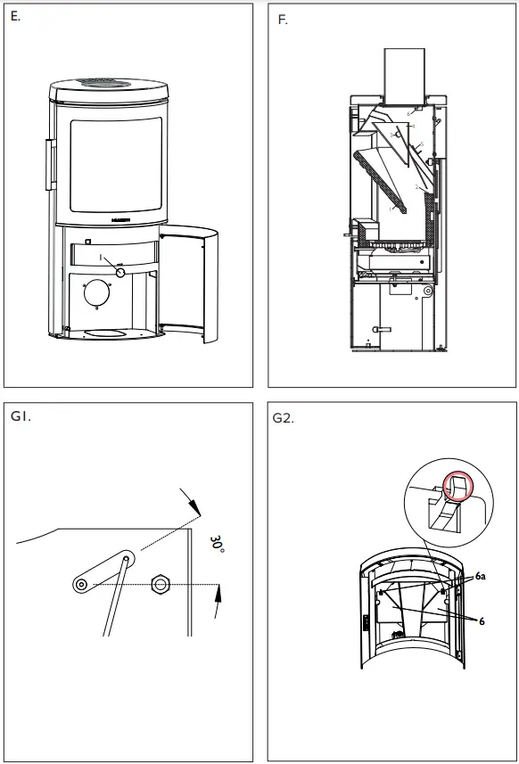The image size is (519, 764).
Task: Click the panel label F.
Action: pos(283,20)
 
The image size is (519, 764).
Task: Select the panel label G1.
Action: pos(21,415)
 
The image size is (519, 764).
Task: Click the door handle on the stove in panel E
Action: pos(50,162)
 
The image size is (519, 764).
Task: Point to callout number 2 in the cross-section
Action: pos(416,188)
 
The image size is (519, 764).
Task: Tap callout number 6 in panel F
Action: pos(408,114)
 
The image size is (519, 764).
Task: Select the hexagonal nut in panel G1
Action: pos(161,584)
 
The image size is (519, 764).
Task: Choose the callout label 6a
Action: pos(481,578)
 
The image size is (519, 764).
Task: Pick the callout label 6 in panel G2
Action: pos(482,620)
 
